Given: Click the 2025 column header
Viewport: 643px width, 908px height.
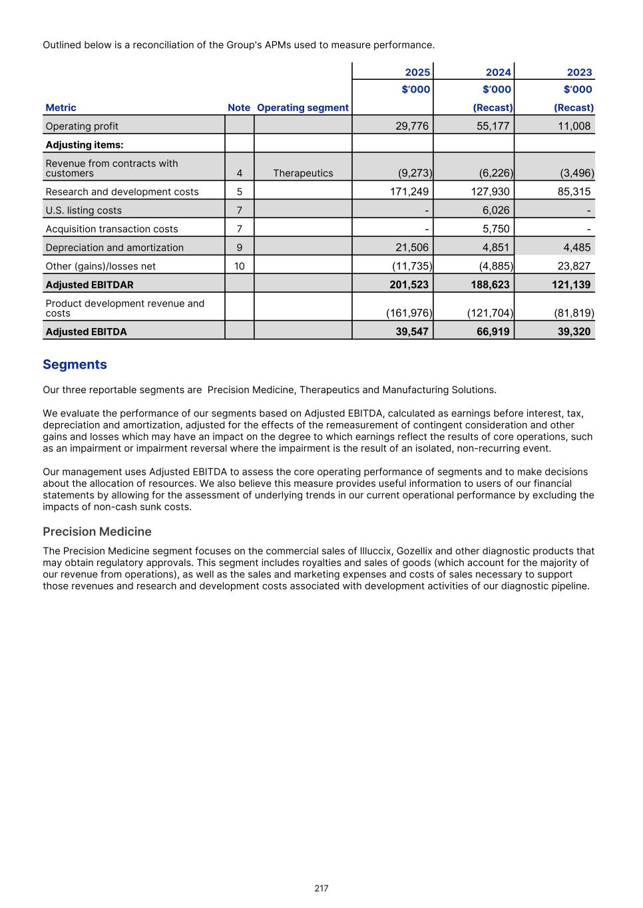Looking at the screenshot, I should point(417,73).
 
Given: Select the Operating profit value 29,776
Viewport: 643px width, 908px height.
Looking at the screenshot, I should point(411,126).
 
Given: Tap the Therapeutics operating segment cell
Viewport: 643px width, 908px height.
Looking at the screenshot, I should point(303,173).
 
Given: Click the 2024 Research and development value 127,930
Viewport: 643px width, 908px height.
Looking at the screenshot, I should point(493,192).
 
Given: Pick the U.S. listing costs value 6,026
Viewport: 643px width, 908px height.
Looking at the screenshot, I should point(496,210).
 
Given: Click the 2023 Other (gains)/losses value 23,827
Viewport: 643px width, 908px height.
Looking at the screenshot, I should point(573,266).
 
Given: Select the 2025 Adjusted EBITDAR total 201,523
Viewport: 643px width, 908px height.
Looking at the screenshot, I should point(409,285).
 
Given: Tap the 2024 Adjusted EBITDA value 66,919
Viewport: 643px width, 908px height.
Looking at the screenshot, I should point(493,331).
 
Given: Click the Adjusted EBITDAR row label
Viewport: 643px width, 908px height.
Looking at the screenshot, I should point(89,285).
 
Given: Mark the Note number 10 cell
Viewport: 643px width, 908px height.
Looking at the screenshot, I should point(239,266).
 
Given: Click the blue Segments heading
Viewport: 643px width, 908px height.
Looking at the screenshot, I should point(75,365).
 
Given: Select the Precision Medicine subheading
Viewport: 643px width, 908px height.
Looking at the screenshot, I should point(97,531).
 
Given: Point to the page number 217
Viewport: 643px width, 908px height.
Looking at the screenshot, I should point(321,888).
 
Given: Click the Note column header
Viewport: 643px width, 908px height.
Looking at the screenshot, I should point(239,108).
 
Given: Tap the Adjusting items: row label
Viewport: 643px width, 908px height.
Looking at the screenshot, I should point(85,144).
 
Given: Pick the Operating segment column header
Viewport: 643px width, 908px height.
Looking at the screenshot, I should point(303,108).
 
